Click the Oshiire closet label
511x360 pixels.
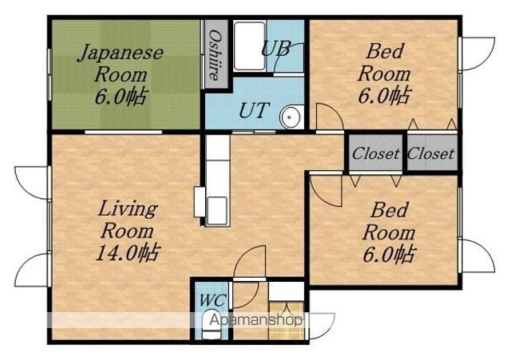pos(215,55)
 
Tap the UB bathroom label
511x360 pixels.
pos(275,49)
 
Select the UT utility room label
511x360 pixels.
pos(255,110)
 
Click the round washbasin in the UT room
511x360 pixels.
pos(290,117)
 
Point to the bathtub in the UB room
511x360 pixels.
pos(249,46)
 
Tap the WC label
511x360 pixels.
pos(212,300)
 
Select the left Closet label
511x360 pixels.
pos(376,153)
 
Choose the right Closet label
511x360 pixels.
pos(430,153)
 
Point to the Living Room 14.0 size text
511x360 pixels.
pos(128,252)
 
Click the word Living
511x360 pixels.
pos(128,208)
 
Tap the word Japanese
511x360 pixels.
pos(121,53)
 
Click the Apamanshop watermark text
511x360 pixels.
pos(255,320)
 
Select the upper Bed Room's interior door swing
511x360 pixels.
pos(329,117)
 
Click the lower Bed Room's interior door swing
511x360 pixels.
pos(326,191)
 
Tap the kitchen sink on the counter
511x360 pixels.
pos(216,211)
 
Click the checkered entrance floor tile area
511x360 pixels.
pos(286,321)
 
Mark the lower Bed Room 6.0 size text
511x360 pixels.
pos(390,255)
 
